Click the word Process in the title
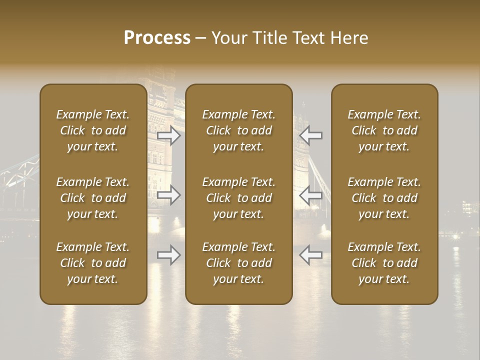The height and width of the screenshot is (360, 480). [157, 38]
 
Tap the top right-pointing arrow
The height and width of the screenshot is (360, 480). [169, 135]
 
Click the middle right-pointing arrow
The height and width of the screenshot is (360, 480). [169, 195]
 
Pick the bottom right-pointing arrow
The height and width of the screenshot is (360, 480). [169, 255]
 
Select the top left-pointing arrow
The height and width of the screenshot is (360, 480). [310, 135]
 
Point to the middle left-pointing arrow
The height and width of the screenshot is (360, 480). [310, 195]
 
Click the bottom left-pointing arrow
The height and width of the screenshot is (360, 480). [310, 255]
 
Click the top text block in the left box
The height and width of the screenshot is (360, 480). [93, 130]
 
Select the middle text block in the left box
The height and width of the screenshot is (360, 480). [93, 198]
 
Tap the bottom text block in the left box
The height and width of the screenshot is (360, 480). [93, 263]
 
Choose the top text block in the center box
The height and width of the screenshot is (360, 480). [238, 130]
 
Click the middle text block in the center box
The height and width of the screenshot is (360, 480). [238, 198]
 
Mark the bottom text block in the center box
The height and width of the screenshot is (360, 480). [238, 263]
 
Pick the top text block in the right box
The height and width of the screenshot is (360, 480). [384, 130]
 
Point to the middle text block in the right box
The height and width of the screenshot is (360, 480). [384, 198]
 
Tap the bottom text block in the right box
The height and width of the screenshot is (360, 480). [384, 263]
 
